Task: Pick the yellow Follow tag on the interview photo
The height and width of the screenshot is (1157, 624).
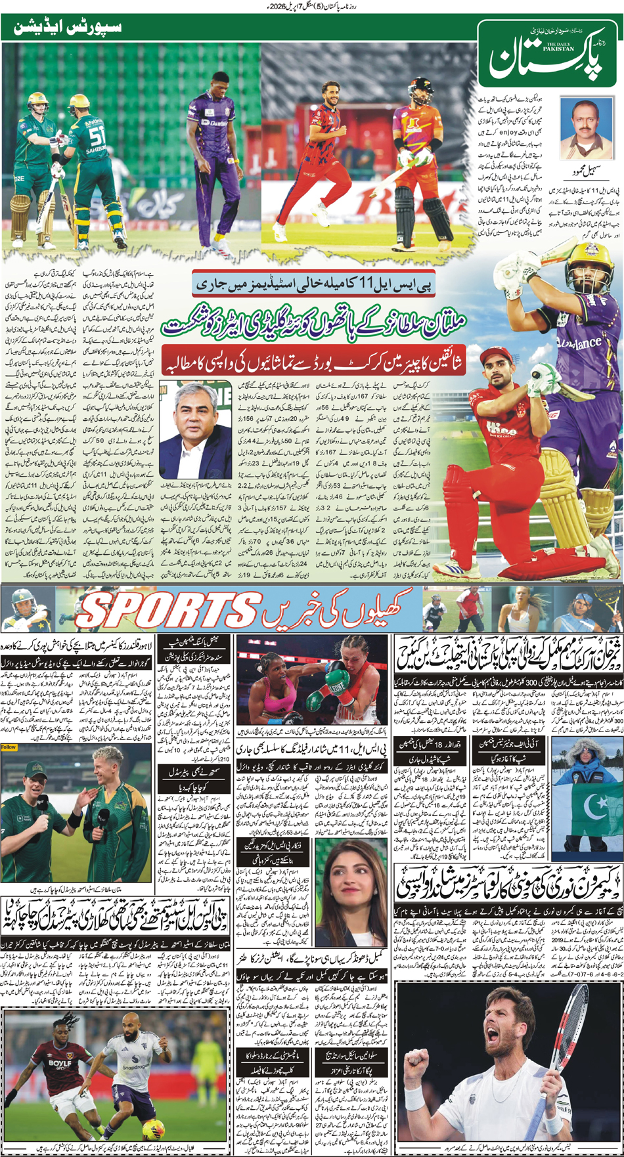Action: pyautogui.click(x=9, y=747)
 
